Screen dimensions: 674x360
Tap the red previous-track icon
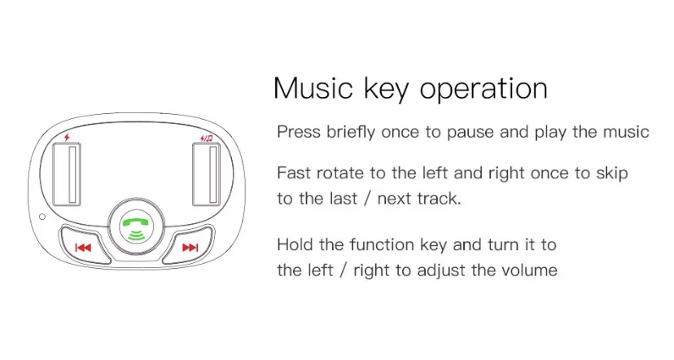pos(83,248)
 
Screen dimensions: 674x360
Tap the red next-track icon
pos(190,248)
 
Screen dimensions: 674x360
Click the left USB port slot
pos(67,174)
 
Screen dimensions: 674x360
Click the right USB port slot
pos(207,174)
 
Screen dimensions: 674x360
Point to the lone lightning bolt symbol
pos(67,137)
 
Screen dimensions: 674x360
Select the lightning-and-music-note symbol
pos(207,138)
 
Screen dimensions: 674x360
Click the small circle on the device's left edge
pos(42,217)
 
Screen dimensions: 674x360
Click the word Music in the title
pos(313,89)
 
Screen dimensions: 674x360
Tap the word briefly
pos(351,132)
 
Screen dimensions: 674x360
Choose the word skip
pos(612,173)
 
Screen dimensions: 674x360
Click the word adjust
pos(440,271)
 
